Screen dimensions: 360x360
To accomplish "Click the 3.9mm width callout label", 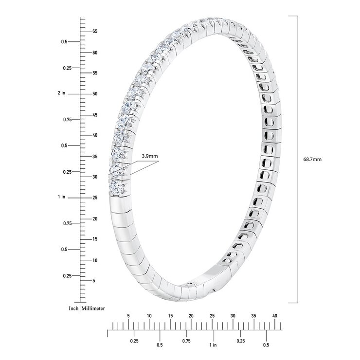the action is click(x=150, y=156).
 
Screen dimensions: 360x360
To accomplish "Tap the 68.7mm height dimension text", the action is click(x=312, y=160).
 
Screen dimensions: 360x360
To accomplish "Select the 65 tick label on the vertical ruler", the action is click(x=95, y=32).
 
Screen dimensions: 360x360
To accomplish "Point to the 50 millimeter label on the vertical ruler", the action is click(x=95, y=94).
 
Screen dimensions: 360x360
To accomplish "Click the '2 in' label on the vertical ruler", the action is click(x=61, y=93).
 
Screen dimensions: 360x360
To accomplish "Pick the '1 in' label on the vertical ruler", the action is click(x=61, y=197).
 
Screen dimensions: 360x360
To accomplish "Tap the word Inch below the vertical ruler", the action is click(x=73, y=308).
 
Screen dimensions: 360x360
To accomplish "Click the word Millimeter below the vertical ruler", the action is click(x=93, y=308).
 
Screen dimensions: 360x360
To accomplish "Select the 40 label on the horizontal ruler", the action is click(x=274, y=316).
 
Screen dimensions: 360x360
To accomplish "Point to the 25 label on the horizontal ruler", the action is click(x=212, y=316).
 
